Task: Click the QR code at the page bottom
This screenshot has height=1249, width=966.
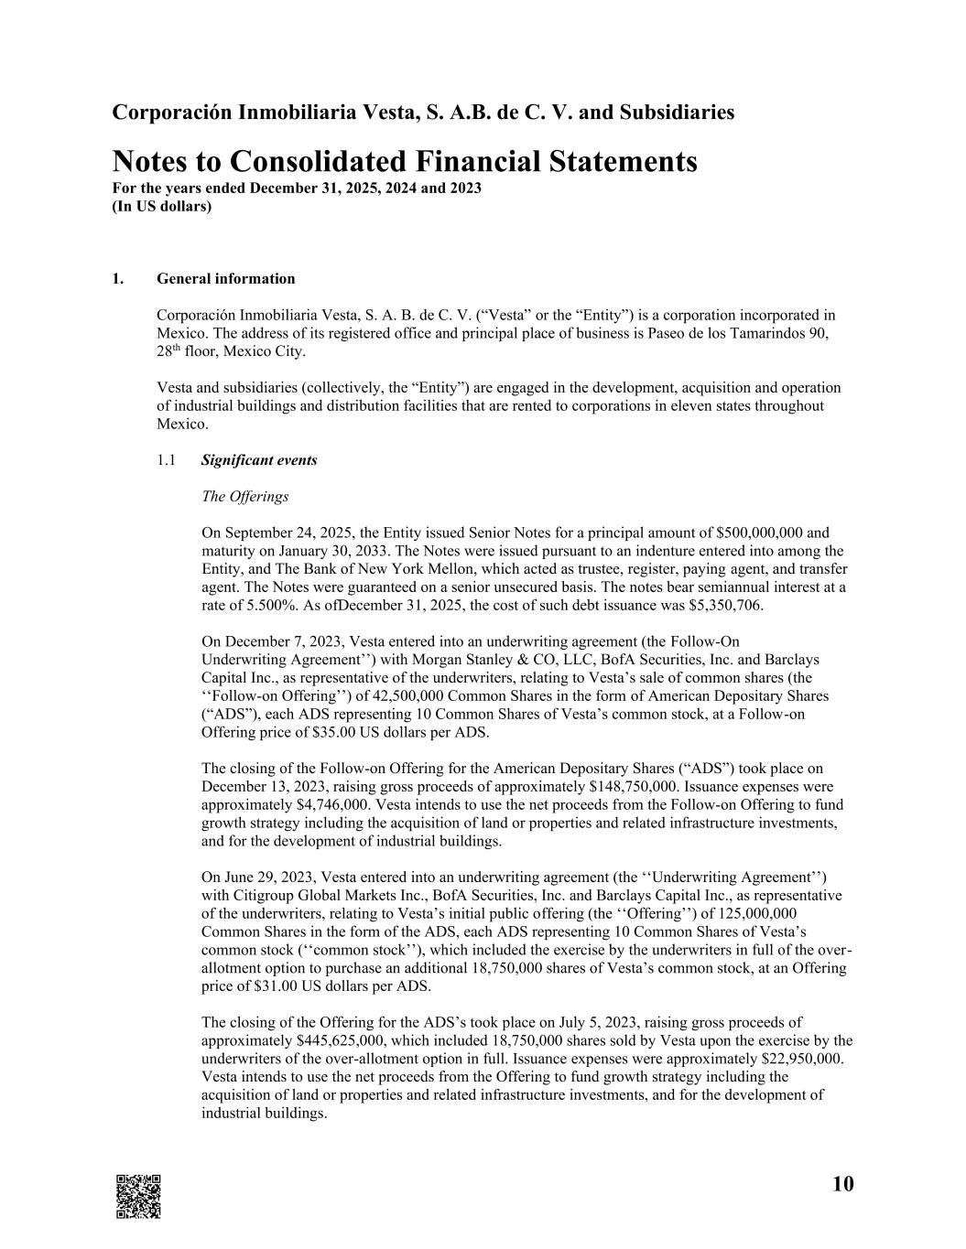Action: pyautogui.click(x=138, y=1196)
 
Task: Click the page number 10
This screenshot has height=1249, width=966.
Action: pyautogui.click(x=842, y=1184)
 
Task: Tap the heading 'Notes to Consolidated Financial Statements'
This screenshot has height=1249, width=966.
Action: pyautogui.click(x=404, y=162)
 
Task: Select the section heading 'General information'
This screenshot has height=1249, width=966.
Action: pyautogui.click(x=226, y=279)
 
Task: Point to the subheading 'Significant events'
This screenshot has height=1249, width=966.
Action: pyautogui.click(x=259, y=460)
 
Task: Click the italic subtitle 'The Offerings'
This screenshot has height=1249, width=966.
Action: pyautogui.click(x=244, y=497)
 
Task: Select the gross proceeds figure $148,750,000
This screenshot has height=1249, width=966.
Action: pyautogui.click(x=634, y=787)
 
